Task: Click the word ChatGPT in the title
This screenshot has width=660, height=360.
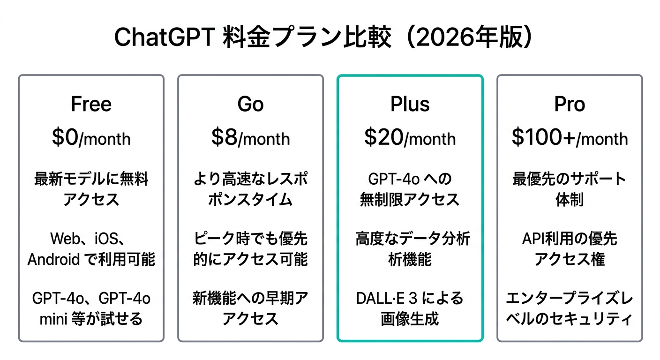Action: [x=164, y=37]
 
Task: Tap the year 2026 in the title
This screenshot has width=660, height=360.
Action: [x=447, y=37]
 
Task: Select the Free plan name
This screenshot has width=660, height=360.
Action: [x=91, y=104]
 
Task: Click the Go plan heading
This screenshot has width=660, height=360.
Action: [x=250, y=104]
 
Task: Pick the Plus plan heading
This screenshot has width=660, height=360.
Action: [x=410, y=104]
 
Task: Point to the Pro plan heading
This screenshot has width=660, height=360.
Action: [x=570, y=104]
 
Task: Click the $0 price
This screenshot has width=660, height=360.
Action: [x=66, y=137]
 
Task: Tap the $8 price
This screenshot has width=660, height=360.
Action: [x=225, y=137]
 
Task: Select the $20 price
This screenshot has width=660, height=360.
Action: [x=384, y=137]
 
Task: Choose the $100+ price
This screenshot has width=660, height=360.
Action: [x=544, y=137]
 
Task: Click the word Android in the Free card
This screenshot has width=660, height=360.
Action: [x=53, y=259]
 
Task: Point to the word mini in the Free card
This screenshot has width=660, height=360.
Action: [x=53, y=319]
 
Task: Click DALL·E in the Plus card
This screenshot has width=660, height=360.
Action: [x=380, y=299]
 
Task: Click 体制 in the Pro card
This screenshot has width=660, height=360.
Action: [x=570, y=200]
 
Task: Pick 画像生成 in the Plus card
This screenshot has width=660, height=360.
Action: [x=410, y=319]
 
